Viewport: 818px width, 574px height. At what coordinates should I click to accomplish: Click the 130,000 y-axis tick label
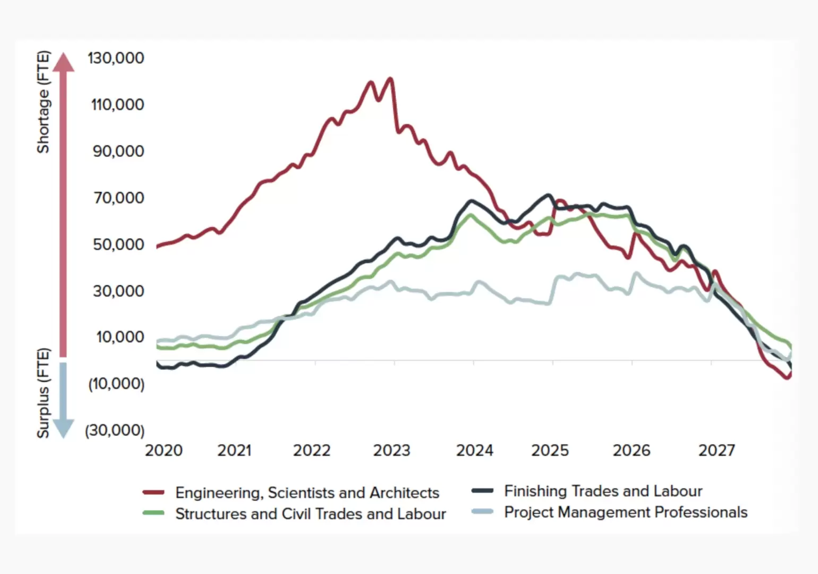[116, 58]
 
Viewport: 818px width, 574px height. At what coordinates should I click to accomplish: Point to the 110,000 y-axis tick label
[117, 104]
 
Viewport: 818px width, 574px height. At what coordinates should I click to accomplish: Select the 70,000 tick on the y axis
[119, 198]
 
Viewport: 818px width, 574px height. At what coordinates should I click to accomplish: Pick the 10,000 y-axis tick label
[120, 337]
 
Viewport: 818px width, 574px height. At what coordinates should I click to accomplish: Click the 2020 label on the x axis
[164, 451]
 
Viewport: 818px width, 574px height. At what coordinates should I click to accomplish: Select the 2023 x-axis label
[391, 451]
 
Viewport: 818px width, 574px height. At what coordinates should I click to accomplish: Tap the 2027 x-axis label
[717, 451]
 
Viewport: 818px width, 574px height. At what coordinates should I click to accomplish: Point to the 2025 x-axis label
[550, 451]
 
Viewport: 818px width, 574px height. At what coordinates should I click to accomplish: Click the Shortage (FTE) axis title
[43, 102]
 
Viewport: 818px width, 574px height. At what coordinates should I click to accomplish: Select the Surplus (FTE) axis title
[43, 393]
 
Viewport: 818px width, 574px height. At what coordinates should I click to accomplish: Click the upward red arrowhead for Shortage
[64, 62]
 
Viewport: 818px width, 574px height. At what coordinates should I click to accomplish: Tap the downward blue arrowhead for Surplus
[64, 428]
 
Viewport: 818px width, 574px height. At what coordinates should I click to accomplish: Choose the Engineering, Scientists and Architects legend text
[307, 493]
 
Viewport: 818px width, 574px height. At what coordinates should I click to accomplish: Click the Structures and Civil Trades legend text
[311, 514]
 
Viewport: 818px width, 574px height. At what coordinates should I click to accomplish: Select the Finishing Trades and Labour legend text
[603, 491]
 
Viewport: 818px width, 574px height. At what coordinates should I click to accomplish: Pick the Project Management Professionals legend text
[626, 512]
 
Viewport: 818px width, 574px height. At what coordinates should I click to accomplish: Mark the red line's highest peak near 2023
[390, 79]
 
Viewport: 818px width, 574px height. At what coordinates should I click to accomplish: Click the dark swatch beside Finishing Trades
[482, 491]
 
